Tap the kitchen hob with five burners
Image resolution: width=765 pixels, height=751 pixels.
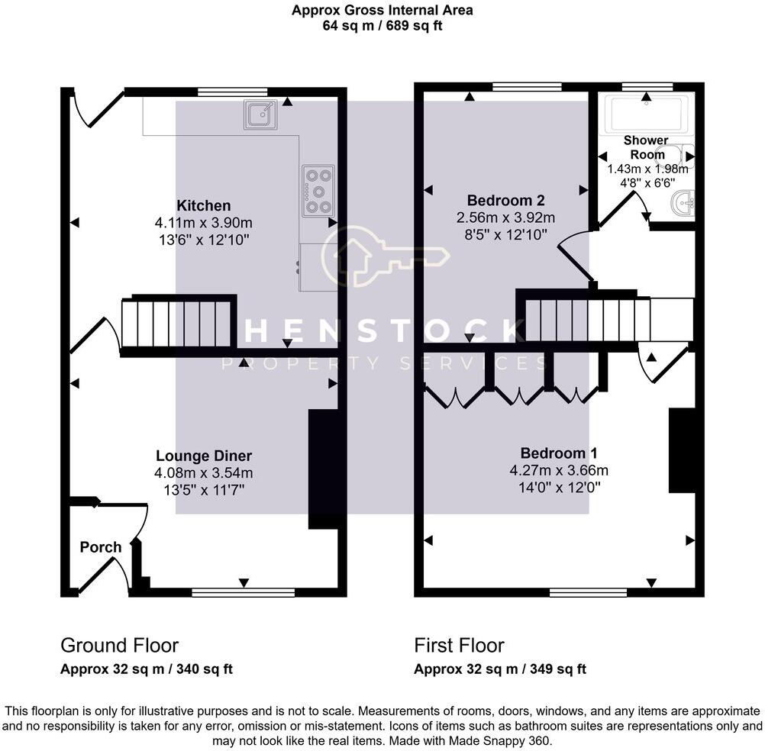coord(318,191)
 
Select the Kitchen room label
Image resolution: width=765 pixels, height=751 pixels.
coord(203,206)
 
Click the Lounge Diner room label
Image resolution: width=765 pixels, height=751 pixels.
coord(204,456)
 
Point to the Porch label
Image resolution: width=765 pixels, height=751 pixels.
coord(101,547)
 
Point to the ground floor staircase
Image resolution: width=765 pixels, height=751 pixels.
coord(177,324)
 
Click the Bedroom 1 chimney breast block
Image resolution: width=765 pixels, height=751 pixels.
coord(682,450)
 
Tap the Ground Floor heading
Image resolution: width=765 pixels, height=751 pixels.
coord(119,646)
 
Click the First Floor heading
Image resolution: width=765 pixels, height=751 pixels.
coord(459,646)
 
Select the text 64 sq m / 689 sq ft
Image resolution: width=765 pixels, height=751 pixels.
coord(382,25)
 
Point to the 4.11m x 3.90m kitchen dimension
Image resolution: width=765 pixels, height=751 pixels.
coord(203,223)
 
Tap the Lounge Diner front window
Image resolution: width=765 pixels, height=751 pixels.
coord(244,591)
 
